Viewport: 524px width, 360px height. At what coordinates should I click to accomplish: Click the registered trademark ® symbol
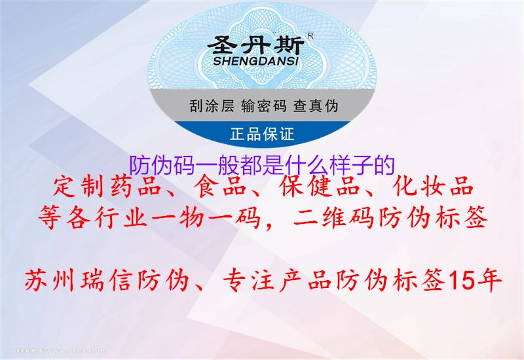tap(310, 36)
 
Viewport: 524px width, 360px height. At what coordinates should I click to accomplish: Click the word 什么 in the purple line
tap(300, 164)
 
